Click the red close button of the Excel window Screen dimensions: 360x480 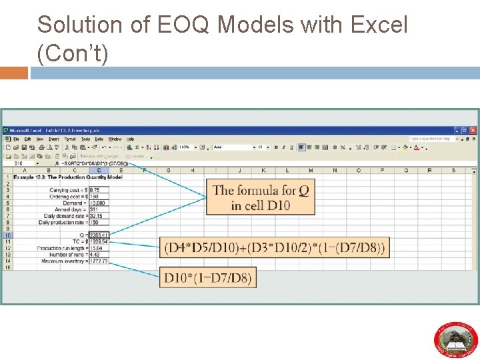point(473,130)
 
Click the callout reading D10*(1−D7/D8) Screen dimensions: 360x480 point(207,277)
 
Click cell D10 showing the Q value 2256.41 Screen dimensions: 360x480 point(99,235)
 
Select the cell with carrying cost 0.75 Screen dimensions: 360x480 point(99,190)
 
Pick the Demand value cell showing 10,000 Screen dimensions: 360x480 point(99,203)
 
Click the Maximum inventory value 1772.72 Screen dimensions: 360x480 point(99,261)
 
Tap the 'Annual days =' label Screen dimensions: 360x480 point(68,209)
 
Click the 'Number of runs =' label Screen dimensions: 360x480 point(64,254)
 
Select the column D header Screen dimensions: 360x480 point(99,170)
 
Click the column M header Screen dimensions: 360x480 point(311,170)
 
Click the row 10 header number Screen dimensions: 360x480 point(7,235)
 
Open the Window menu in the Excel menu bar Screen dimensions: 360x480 point(115,139)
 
